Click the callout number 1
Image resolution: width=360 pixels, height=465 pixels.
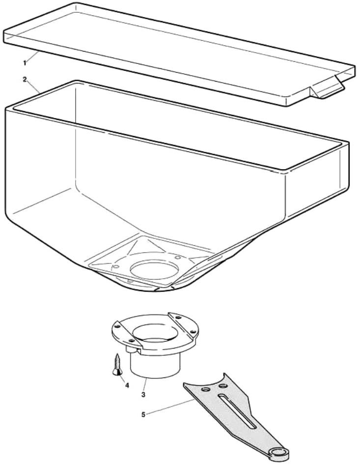coord(25,63)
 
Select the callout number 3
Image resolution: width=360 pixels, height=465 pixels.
coord(143,395)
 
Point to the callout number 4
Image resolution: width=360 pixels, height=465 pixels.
coord(127,385)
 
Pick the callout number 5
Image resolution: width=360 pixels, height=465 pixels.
coord(143,414)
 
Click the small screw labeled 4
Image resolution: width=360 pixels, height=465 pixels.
coord(117,364)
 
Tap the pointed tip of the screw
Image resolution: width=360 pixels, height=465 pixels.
coord(118,354)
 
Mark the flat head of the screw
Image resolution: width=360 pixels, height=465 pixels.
coord(117,372)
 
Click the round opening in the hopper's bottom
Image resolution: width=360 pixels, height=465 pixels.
coord(154,269)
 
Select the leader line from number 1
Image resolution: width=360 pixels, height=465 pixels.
coord(32,57)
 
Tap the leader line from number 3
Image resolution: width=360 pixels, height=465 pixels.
coord(145,385)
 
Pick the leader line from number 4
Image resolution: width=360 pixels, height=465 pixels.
coord(122,378)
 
